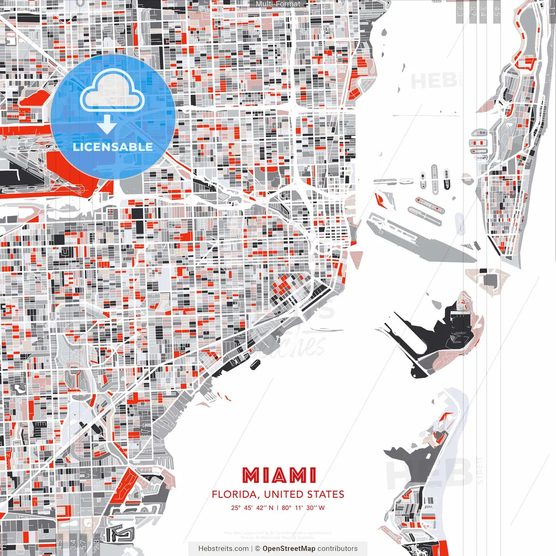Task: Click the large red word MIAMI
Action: [x=279, y=476]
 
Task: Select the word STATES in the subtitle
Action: [x=326, y=494]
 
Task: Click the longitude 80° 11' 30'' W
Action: [x=303, y=508]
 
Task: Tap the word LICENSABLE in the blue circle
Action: [x=113, y=147]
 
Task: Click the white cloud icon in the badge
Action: [x=113, y=90]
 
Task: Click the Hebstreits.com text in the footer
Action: [x=223, y=549]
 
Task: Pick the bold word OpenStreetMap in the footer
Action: [x=288, y=549]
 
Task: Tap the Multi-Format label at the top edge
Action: [x=278, y=4]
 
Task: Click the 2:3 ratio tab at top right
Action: [x=460, y=11]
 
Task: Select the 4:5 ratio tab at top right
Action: [x=496, y=11]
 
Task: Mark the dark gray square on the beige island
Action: [x=490, y=279]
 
